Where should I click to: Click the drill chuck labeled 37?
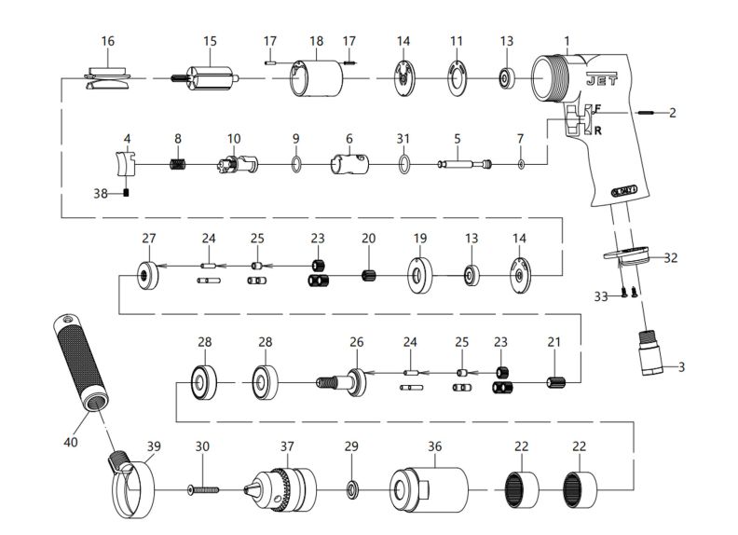point(284,488)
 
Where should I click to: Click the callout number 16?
point(108,41)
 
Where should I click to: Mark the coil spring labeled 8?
point(177,166)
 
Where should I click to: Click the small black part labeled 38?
point(126,194)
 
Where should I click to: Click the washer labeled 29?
point(351,488)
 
